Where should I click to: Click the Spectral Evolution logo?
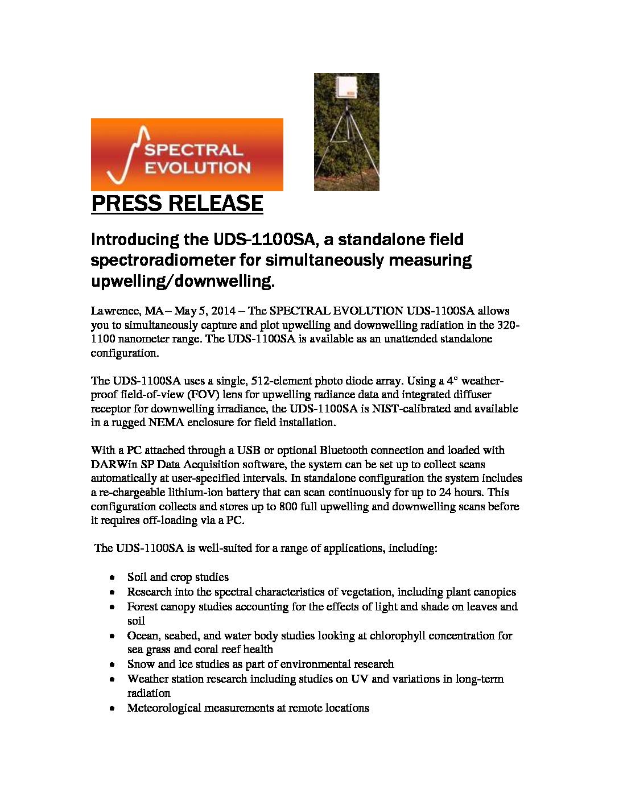tap(187, 154)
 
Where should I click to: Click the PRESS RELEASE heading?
tap(177, 204)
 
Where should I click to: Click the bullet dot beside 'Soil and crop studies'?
tap(114, 577)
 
